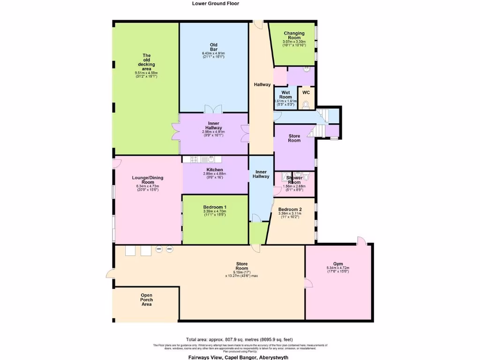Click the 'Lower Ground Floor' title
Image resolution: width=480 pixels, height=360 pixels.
(x=216, y=3)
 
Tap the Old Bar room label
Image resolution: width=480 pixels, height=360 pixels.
(x=213, y=47)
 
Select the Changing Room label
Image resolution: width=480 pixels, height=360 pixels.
(x=294, y=36)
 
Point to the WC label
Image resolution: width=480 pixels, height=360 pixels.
(x=306, y=93)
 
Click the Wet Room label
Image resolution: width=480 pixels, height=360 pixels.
(x=286, y=95)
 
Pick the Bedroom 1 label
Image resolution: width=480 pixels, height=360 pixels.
(x=215, y=207)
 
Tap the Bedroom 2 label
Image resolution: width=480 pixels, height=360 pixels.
(x=290, y=210)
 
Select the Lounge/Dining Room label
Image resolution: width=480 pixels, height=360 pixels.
(x=146, y=180)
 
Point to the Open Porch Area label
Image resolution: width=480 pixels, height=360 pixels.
(x=146, y=300)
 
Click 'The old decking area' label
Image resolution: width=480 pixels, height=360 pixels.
(x=146, y=62)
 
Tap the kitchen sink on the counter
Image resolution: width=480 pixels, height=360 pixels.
(x=205, y=159)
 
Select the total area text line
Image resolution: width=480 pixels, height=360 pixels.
(x=240, y=339)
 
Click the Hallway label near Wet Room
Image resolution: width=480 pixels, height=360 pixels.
(x=262, y=84)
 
